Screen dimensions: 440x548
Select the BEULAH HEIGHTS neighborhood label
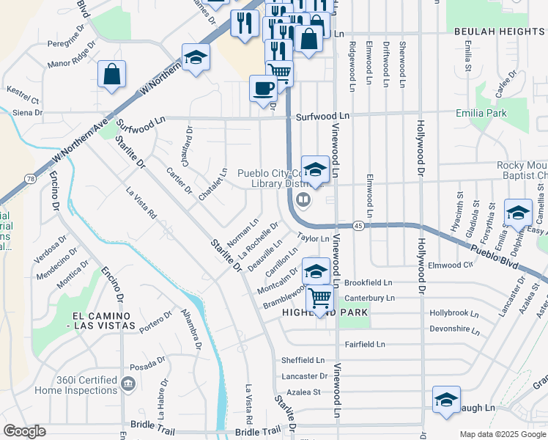(499, 32)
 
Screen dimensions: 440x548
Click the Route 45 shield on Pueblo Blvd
(358, 225)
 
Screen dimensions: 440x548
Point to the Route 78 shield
(29, 178)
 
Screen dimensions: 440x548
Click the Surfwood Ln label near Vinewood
(322, 117)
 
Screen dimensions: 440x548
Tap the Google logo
(24, 431)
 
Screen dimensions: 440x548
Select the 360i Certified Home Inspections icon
(127, 382)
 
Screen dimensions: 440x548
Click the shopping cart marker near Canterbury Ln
(319, 298)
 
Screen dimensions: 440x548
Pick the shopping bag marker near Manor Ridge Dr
(111, 75)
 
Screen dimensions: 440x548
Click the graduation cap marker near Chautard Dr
(196, 57)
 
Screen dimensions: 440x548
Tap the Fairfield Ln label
(364, 344)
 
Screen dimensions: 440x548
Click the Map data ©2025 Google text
(502, 434)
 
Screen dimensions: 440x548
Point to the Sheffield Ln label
(303, 360)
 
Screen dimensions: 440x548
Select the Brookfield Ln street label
(369, 282)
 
